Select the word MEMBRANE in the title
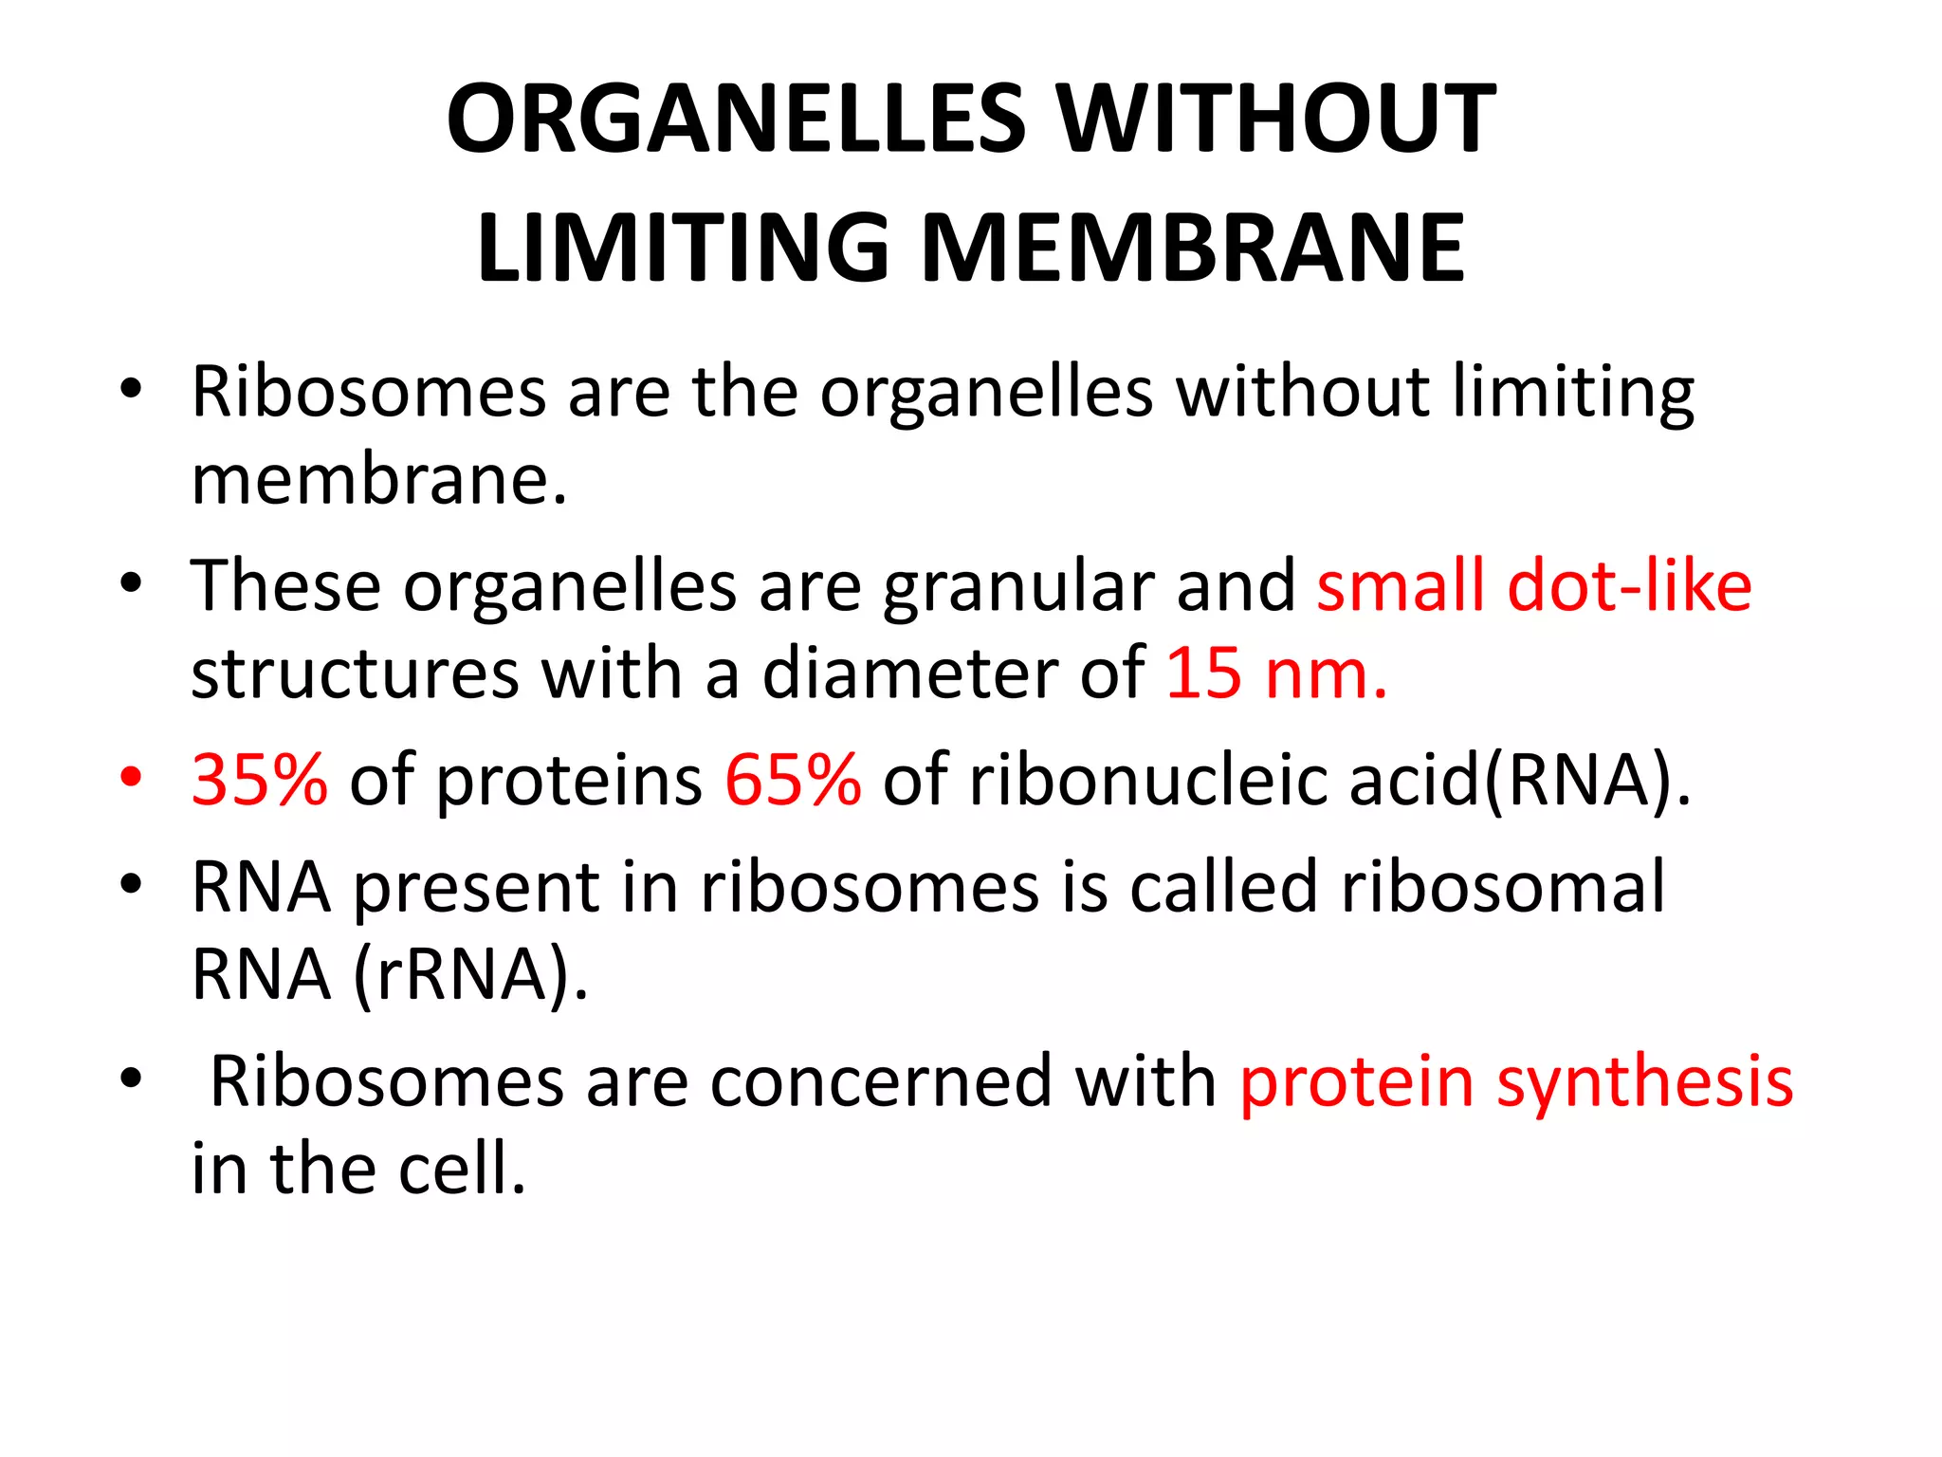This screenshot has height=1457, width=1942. [x=1193, y=249]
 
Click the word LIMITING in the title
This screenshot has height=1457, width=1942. [x=683, y=249]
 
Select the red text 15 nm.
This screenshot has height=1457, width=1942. [x=1276, y=674]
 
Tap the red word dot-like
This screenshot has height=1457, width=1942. [x=1629, y=585]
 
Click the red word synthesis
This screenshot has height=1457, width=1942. [x=1644, y=1081]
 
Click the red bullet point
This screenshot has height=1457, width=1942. [x=131, y=777]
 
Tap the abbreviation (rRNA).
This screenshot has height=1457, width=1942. [x=470, y=975]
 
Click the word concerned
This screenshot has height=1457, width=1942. [x=881, y=1081]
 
